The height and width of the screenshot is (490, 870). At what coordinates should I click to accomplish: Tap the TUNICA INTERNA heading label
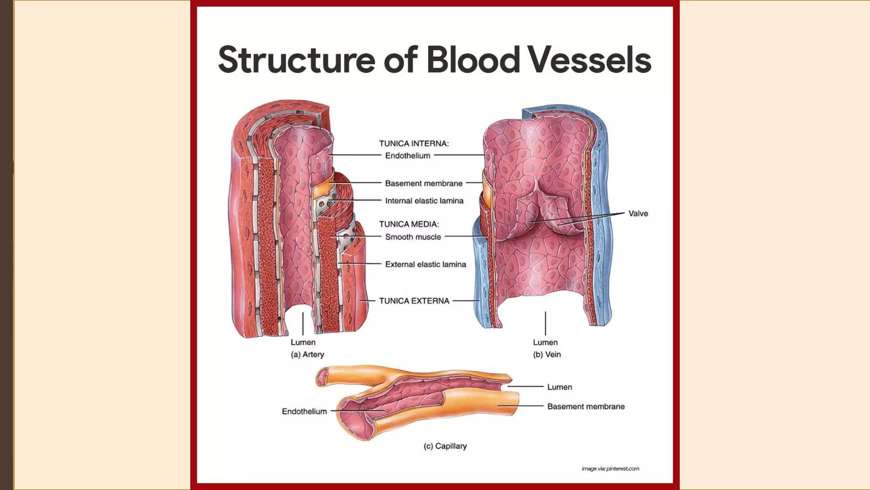click(x=414, y=144)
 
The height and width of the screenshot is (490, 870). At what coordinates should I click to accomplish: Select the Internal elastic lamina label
click(x=424, y=201)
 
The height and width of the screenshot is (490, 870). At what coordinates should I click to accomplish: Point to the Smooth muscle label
click(x=413, y=237)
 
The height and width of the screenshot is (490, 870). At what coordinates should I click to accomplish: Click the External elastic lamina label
click(x=425, y=265)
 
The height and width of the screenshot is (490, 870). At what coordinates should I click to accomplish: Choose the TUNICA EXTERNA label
click(x=414, y=301)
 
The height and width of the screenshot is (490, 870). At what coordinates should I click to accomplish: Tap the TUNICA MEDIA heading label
click(x=409, y=224)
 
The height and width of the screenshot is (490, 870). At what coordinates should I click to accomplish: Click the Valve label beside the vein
click(x=638, y=214)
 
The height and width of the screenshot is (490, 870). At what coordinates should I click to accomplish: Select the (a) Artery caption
click(x=307, y=354)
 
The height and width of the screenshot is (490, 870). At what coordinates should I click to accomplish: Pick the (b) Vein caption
click(x=547, y=354)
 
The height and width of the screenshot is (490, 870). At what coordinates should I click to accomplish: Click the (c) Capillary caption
click(x=445, y=446)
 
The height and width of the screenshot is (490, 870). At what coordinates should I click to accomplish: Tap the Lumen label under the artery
click(x=303, y=342)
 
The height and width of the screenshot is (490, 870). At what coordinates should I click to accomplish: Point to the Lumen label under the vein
click(x=545, y=342)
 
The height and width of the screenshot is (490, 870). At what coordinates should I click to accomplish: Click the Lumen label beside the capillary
click(x=559, y=387)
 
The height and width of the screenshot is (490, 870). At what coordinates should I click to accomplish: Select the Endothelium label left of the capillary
click(x=304, y=411)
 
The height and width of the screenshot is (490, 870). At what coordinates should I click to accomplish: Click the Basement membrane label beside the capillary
click(x=586, y=407)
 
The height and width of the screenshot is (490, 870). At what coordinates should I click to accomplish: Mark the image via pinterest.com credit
click(x=610, y=469)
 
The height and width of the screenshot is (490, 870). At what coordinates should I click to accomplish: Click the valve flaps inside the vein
click(x=552, y=213)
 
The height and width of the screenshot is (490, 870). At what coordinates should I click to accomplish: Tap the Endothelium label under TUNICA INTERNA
click(x=407, y=156)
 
